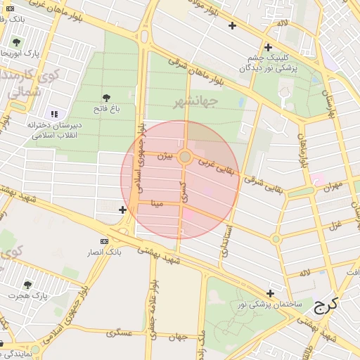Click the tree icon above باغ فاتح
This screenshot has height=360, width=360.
point(106,98)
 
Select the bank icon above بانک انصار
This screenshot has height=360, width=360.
point(105,241)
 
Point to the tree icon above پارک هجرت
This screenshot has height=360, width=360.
point(27,285)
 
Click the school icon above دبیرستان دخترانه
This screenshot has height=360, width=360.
point(54,114)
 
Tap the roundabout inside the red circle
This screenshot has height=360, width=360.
point(185,157)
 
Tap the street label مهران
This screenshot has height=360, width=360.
point(333,186)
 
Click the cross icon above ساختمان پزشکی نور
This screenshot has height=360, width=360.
point(270,293)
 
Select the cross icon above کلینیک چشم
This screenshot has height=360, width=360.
point(268,48)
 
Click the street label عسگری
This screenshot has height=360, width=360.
point(120,333)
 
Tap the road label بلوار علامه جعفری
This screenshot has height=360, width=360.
point(151,306)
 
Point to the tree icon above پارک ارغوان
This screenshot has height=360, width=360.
point(16,42)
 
